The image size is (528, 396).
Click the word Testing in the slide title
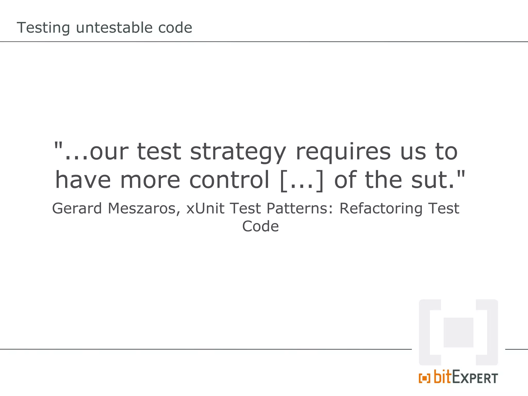pyautogui.click(x=43, y=28)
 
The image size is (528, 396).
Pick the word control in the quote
pyautogui.click(x=229, y=180)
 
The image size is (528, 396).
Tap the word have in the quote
pyautogui.click(x=83, y=180)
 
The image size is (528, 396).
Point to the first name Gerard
pyautogui.click(x=77, y=208)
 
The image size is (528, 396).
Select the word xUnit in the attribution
pyautogui.click(x=205, y=208)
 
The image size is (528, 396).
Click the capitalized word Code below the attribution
pyautogui.click(x=260, y=226)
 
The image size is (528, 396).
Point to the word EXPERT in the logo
pyautogui.click(x=475, y=378)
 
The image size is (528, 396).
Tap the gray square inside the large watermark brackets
pyautogui.click(x=458, y=332)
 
